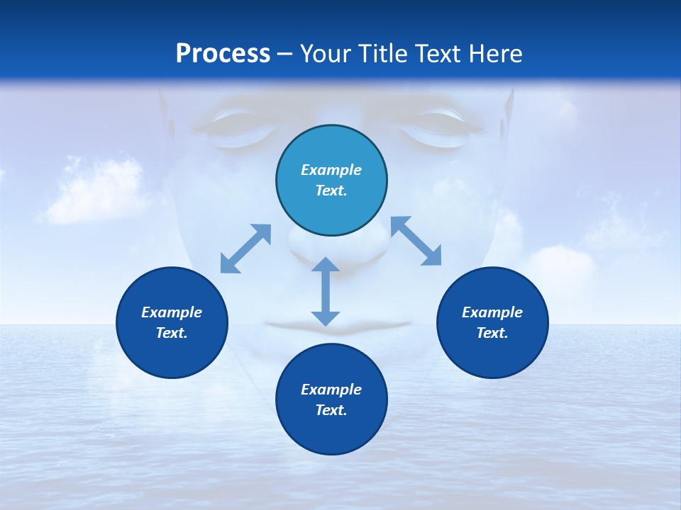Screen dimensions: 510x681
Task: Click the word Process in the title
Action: tap(223, 53)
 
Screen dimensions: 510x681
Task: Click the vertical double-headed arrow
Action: tap(326, 291)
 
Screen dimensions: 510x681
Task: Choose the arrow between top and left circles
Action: tap(246, 248)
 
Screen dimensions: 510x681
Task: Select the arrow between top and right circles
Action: tap(416, 241)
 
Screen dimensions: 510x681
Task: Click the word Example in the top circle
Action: tap(331, 170)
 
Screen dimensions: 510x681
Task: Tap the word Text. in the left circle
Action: tap(172, 333)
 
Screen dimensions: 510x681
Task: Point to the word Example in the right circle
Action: tap(492, 312)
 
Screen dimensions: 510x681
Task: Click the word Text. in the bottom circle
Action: tap(331, 410)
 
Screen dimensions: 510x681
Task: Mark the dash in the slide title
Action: tap(285, 54)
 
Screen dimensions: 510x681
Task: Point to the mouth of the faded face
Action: tap(338, 325)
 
